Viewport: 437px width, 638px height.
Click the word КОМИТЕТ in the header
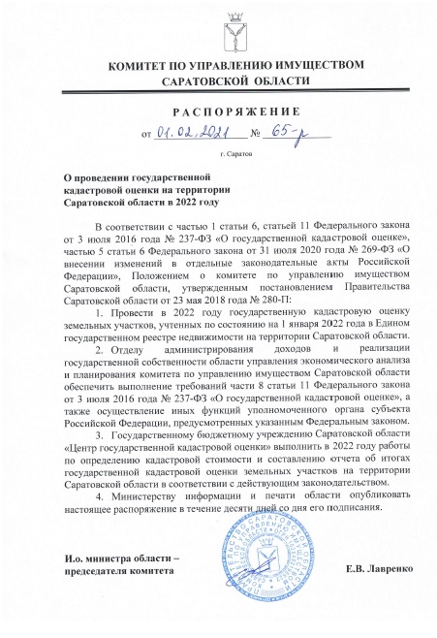tap(144, 65)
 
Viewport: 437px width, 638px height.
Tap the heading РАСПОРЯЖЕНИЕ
tap(219, 112)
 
